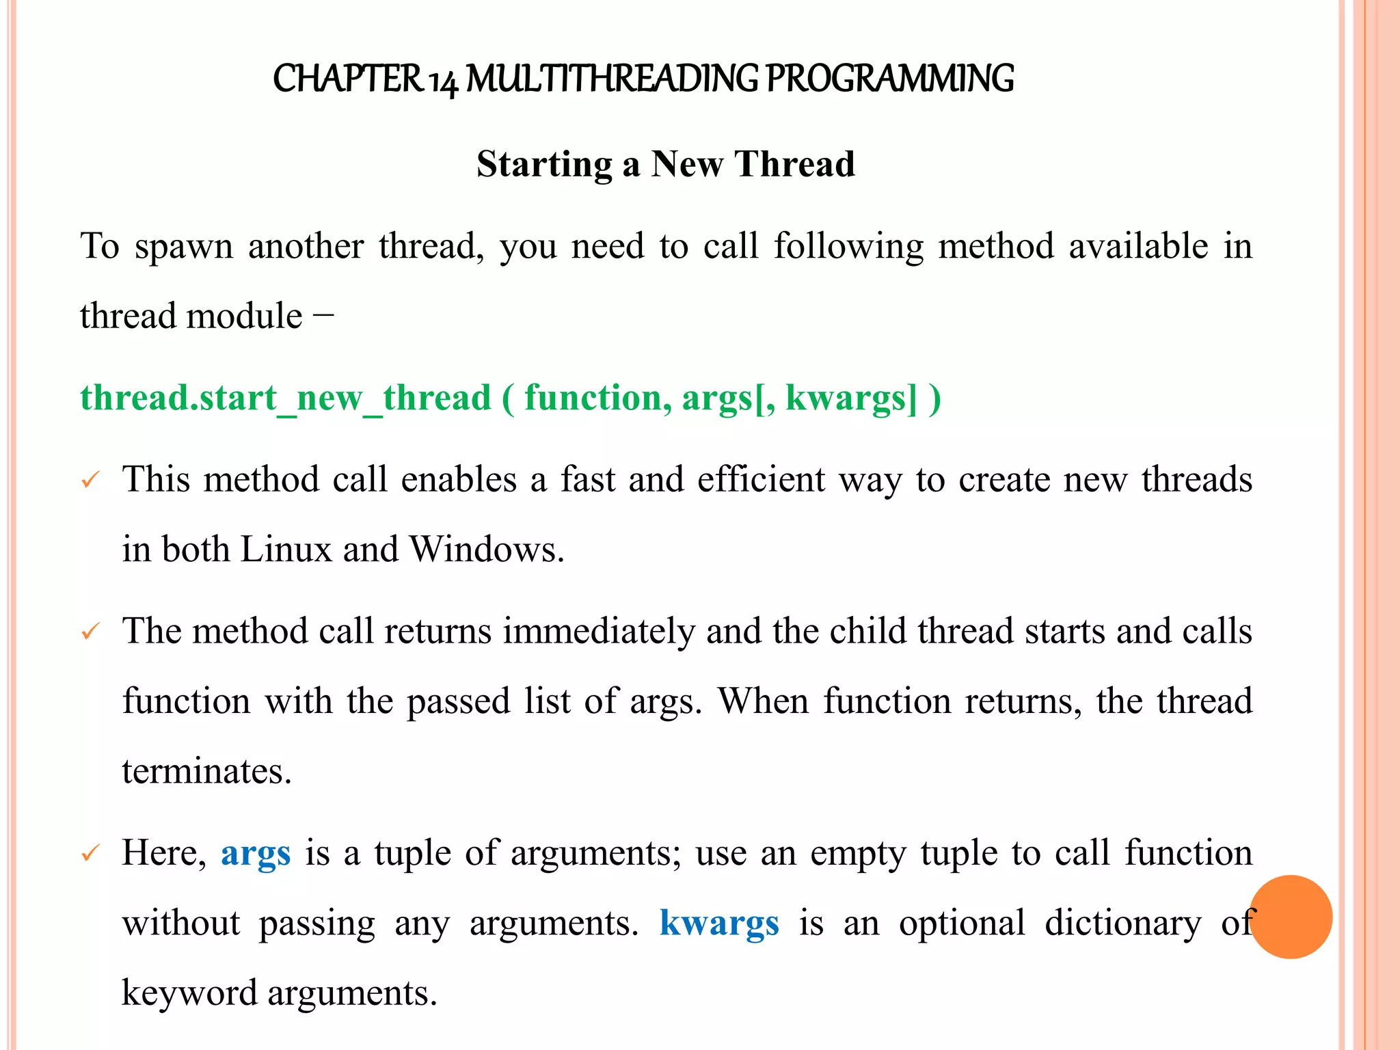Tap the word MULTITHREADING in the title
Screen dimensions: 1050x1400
(x=612, y=79)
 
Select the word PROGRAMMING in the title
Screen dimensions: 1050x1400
(x=889, y=79)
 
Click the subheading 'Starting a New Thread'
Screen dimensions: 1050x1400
(x=665, y=164)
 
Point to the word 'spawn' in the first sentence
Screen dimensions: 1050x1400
(x=184, y=247)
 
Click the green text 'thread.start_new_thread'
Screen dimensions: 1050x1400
(x=286, y=398)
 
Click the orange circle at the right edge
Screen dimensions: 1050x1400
(x=1291, y=917)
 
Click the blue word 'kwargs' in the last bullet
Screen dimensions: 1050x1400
(x=719, y=924)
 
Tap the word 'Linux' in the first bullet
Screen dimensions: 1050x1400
(x=286, y=549)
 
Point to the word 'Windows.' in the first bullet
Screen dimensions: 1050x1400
(x=486, y=549)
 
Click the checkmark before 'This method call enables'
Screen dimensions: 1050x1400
(x=90, y=481)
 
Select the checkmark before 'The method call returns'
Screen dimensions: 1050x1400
(x=90, y=632)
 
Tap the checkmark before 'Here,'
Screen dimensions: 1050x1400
(x=90, y=854)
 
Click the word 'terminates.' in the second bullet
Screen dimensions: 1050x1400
(x=207, y=771)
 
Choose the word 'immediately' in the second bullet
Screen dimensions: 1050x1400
(x=599, y=631)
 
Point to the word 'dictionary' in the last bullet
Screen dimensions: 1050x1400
(x=1122, y=924)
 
